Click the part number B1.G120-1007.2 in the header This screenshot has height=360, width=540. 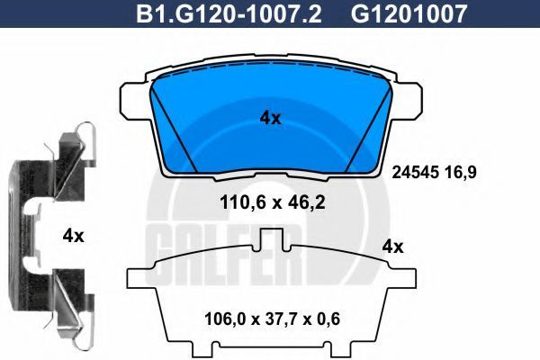[229, 13]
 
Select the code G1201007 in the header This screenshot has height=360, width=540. [409, 13]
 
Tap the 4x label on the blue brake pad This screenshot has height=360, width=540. [270, 119]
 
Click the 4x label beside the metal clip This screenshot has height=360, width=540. [74, 237]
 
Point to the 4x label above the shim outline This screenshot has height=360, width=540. [393, 247]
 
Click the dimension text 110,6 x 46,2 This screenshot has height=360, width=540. [272, 202]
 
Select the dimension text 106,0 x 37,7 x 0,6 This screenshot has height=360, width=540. [272, 319]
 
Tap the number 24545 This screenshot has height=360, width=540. [415, 172]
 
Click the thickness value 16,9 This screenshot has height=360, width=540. [460, 172]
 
